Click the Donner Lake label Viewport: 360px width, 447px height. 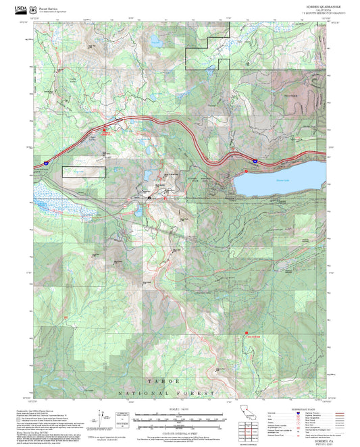(x=263, y=180)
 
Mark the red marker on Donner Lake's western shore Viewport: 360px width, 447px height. (x=247, y=172)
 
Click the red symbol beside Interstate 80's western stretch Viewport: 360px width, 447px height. (x=104, y=132)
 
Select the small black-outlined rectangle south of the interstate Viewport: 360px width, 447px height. (x=84, y=172)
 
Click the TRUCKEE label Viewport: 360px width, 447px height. (x=289, y=96)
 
